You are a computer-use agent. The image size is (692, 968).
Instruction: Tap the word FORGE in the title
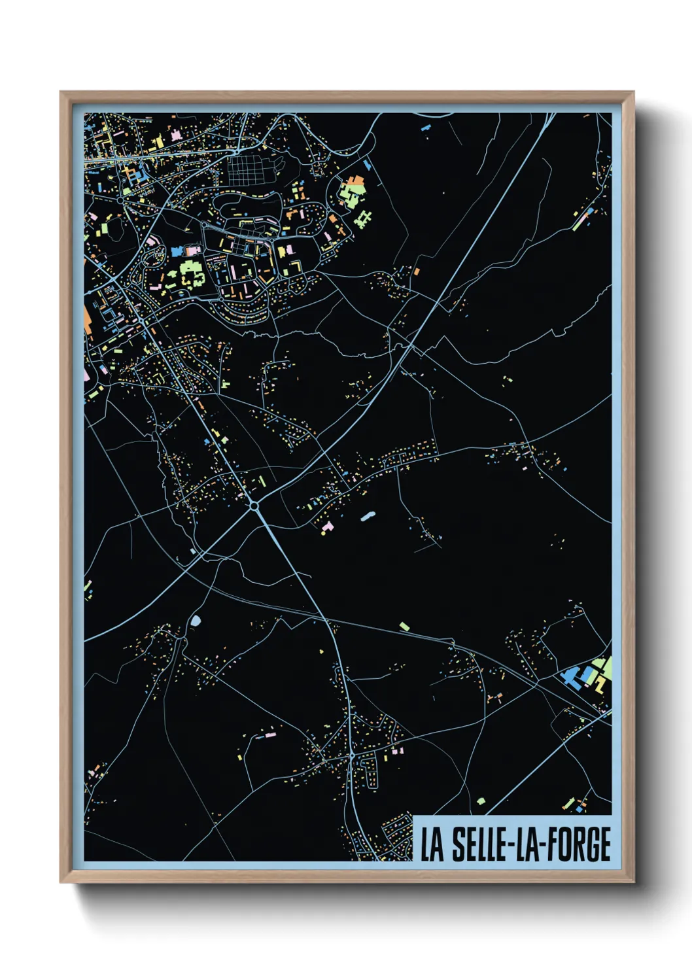(581, 844)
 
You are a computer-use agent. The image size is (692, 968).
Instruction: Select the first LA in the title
(432, 844)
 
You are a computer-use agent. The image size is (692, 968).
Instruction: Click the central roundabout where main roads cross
(254, 505)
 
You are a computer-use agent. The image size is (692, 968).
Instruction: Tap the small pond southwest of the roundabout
(196, 619)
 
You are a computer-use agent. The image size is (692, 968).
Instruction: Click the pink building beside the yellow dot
(328, 527)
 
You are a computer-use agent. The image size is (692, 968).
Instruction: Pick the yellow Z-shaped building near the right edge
(598, 684)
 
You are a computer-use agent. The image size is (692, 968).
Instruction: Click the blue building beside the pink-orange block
(177, 252)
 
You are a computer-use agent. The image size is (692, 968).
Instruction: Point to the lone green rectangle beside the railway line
(405, 627)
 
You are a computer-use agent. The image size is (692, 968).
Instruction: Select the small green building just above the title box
(481, 801)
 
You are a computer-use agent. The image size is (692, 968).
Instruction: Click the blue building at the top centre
(426, 126)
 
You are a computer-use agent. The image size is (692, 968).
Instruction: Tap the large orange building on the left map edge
(88, 321)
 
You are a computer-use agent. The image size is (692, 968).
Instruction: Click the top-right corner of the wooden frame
(632, 94)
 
